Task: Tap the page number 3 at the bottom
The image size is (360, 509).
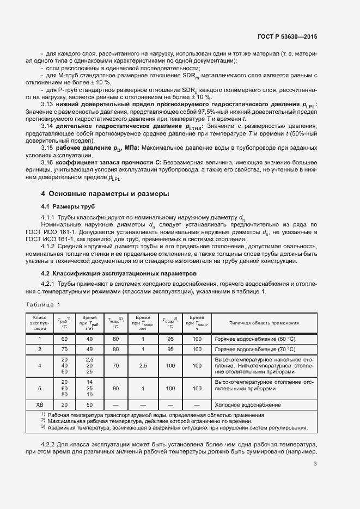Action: tap(315, 464)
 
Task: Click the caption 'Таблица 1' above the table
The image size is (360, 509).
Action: tap(43, 304)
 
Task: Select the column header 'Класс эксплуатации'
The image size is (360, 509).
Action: tap(39, 322)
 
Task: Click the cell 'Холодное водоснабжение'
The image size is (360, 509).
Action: tap(247, 405)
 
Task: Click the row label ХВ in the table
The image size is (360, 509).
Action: tap(39, 405)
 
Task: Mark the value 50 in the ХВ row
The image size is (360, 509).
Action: tap(89, 405)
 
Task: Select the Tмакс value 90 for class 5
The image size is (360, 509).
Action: tap(115, 389)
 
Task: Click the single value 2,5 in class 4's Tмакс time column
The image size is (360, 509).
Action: tap(143, 366)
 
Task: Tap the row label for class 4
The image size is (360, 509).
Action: tap(39, 366)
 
